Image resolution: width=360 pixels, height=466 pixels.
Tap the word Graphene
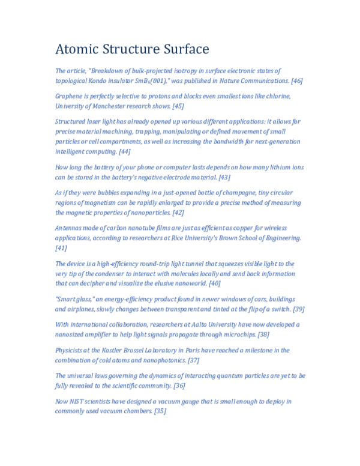pos(70,96)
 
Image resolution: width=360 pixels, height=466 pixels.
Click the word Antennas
pos(70,228)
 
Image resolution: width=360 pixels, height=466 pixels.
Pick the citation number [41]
pos(61,248)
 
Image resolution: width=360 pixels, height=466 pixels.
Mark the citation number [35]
pos(160,411)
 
